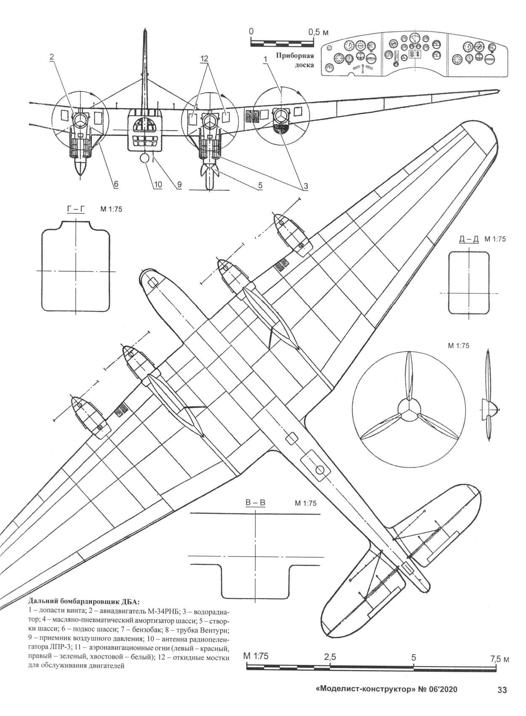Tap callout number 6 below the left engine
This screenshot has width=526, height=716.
click(x=115, y=184)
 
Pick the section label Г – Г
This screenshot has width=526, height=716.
click(x=76, y=209)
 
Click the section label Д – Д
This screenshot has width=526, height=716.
click(x=468, y=239)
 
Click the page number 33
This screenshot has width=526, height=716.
click(x=502, y=690)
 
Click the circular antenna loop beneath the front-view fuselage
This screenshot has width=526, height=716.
click(x=144, y=159)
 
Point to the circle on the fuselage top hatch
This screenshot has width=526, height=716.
click(x=319, y=469)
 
